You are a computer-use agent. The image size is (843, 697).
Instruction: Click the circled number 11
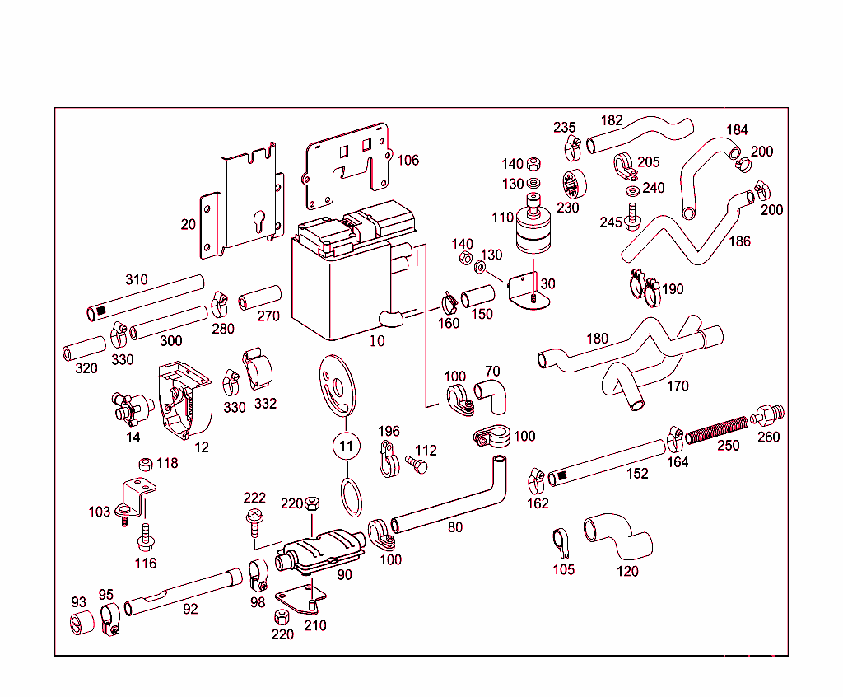(347, 446)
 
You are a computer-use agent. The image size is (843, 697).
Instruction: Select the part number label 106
(408, 160)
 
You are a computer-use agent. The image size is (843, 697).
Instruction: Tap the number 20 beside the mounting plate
(189, 224)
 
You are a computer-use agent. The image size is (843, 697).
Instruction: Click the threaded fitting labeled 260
(768, 415)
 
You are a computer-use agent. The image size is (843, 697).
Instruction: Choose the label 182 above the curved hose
(612, 120)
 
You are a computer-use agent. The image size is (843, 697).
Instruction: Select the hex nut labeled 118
(146, 463)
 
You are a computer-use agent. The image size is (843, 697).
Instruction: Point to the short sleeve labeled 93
(79, 624)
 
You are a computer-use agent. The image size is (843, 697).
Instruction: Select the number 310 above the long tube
(137, 279)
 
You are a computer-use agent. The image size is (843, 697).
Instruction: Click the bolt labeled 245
(633, 217)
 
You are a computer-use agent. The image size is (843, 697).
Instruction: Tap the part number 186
(740, 241)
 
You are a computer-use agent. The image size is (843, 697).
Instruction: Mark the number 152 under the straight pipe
(637, 474)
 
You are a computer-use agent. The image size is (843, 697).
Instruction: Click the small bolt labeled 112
(417, 465)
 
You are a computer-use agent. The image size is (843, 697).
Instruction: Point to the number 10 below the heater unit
(377, 340)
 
